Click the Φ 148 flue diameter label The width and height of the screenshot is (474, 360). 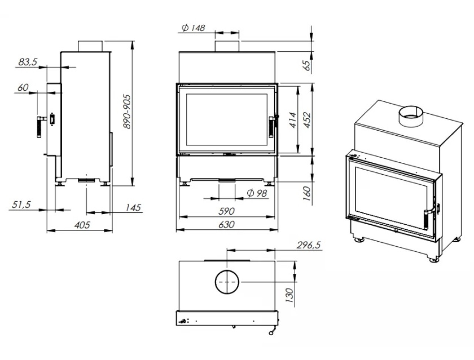pos(193,28)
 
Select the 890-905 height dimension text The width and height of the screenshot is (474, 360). pos(127,111)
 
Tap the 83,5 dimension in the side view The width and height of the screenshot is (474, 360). pos(28,62)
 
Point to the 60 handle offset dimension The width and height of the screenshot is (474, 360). pos(23,88)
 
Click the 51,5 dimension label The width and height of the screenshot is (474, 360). pos(21,205)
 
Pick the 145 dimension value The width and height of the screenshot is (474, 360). pos(133,208)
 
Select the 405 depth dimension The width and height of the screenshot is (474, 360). pos(82,225)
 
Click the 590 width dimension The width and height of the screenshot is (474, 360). pos(226,211)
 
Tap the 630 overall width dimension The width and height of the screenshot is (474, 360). pos(226,225)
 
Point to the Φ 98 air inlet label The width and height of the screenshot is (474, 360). pos(257,193)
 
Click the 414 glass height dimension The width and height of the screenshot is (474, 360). pos(293,120)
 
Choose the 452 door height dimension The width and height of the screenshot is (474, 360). pos(307,120)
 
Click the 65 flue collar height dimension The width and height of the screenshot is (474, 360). pos(307,65)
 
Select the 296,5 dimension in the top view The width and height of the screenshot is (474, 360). pos(308,245)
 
